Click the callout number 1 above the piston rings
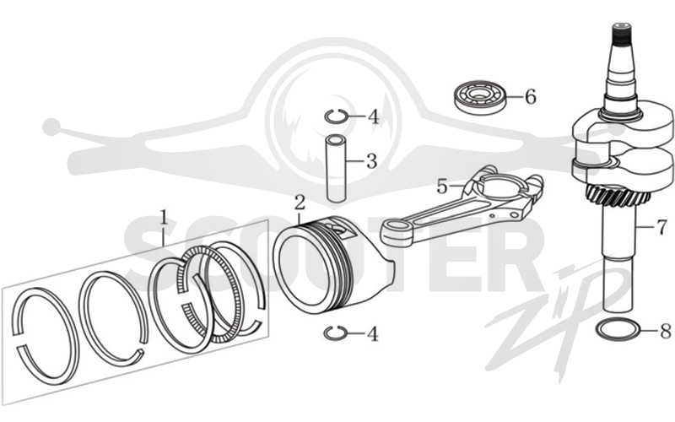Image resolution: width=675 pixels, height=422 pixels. coord(163,217)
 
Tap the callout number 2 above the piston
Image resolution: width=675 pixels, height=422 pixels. coord(300,203)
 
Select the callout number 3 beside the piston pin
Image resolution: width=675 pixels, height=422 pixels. coord(371,161)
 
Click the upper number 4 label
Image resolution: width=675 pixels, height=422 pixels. coord(373,116)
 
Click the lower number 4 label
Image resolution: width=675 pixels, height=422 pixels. coord(373,333)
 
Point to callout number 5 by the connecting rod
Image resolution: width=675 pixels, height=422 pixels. coord(442,187)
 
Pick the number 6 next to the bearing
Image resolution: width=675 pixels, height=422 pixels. coord(531,97)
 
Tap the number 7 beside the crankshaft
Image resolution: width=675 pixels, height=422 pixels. coord(661,227)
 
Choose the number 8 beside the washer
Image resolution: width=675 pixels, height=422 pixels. coord(666,331)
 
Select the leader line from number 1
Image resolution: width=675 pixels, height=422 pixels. coord(163,235)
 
